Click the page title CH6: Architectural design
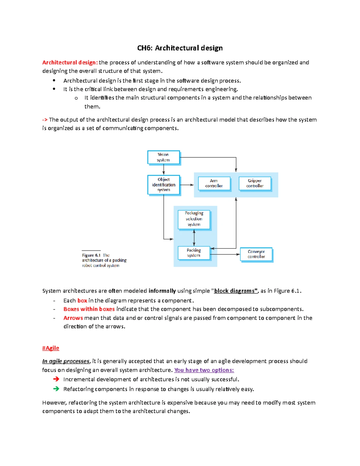[180, 48]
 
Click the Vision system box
[163, 157]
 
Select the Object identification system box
[163, 185]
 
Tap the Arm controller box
[214, 183]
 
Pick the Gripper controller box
[255, 183]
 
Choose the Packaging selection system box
[194, 219]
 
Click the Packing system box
[194, 253]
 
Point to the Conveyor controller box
[256, 254]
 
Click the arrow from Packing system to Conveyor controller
[225, 254]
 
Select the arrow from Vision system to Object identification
[163, 170]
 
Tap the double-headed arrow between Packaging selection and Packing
[194, 238]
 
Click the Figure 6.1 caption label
[91, 255]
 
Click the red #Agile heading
[51, 348]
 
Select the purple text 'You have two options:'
[204, 370]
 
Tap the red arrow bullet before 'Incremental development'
[56, 379]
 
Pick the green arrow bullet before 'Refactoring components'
[56, 389]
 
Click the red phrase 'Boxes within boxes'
[89, 309]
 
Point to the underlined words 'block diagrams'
[235, 291]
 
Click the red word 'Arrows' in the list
[73, 318]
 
